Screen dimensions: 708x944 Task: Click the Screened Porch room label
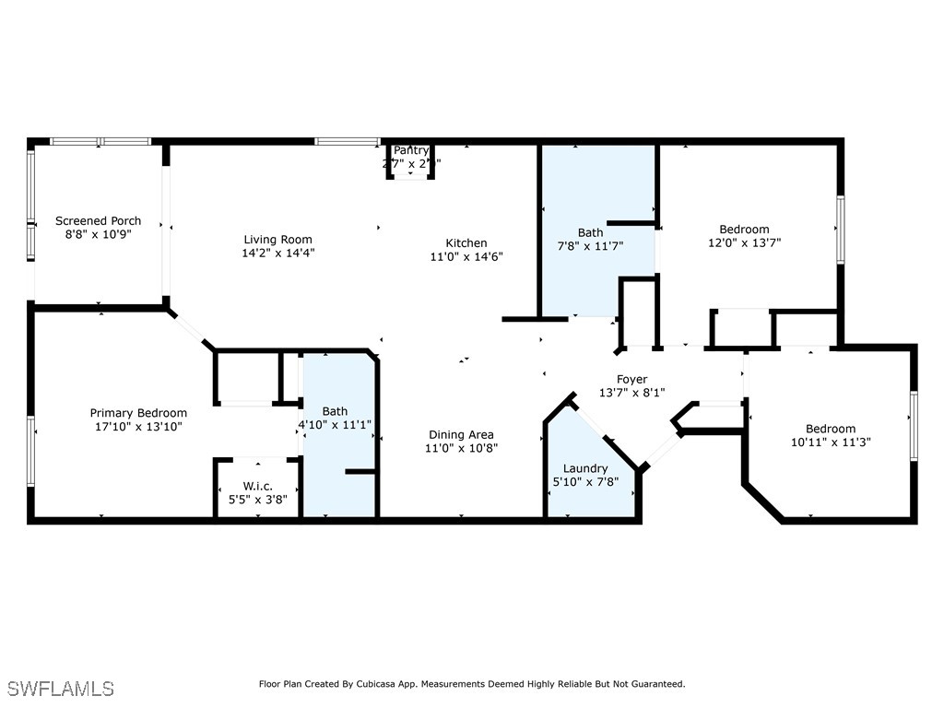[99, 220]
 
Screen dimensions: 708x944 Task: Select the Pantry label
[411, 150]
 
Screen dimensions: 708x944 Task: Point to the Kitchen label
[466, 242]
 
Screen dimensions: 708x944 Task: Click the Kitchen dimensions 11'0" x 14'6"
[467, 256]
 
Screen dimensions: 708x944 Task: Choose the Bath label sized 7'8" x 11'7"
[590, 232]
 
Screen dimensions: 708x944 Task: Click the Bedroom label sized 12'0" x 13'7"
[744, 229]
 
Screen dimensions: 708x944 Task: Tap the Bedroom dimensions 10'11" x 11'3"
[831, 442]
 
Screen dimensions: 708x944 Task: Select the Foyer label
[631, 379]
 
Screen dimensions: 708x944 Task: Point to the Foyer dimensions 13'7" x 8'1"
[631, 392]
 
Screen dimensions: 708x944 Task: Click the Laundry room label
[585, 468]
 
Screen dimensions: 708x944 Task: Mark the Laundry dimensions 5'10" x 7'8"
[585, 481]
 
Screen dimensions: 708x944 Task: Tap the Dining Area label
[460, 434]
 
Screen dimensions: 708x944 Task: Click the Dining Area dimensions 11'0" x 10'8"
[460, 448]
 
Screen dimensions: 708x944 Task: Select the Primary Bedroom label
[138, 413]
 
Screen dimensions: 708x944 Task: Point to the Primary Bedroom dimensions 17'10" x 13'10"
[138, 426]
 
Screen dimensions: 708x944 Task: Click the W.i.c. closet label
[257, 486]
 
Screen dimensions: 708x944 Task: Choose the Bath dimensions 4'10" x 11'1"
[335, 424]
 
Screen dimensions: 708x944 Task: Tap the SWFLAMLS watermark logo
[61, 689]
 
